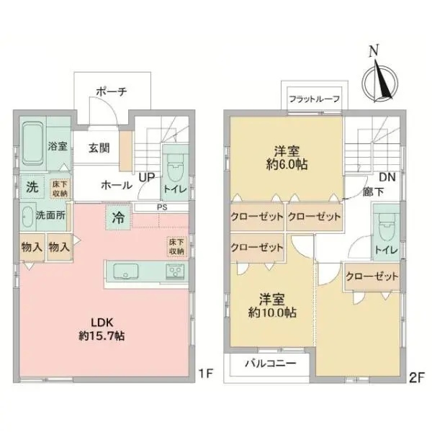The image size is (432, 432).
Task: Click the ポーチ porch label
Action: click(111, 91)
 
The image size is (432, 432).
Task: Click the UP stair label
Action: click(147, 176)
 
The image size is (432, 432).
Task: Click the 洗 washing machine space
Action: click(33, 186)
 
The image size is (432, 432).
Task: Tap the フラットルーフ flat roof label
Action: click(314, 99)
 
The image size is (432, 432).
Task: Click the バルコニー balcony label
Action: click(269, 364)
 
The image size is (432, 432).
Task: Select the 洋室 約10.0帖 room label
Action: click(270, 307)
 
